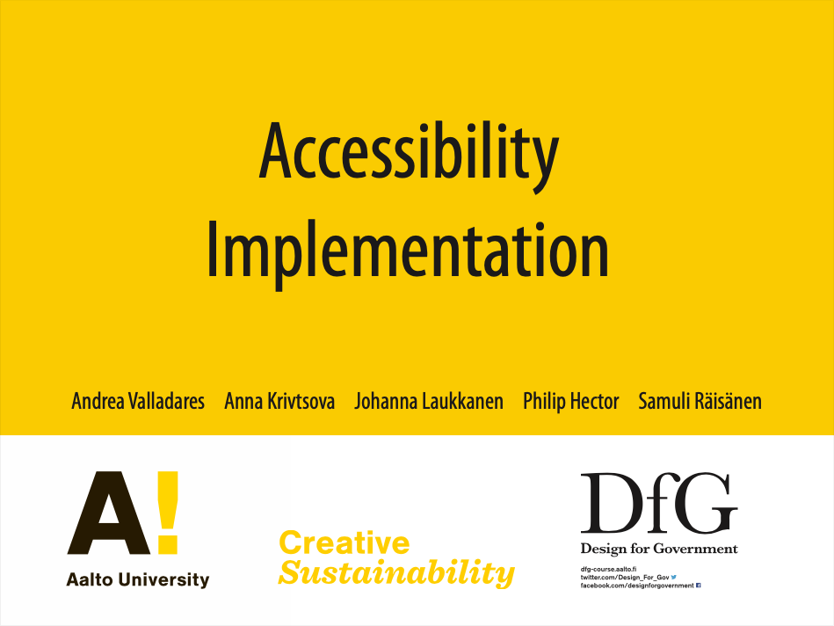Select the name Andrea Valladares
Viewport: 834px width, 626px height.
click(138, 402)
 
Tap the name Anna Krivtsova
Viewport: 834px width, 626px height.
click(279, 402)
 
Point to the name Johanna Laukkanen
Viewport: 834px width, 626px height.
click(429, 402)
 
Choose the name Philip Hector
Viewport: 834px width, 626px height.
click(570, 402)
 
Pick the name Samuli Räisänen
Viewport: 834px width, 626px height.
click(700, 402)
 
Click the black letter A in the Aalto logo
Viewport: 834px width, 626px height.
click(110, 513)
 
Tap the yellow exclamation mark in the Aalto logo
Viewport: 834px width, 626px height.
click(168, 513)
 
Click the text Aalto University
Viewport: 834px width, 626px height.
click(138, 579)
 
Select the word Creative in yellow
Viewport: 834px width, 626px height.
click(344, 543)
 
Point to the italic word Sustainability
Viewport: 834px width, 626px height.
click(397, 572)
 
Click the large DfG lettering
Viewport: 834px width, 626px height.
click(659, 503)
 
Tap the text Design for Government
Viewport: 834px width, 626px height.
click(659, 549)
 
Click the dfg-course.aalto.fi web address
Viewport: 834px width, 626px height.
click(608, 569)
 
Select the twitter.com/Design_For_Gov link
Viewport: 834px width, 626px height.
click(625, 577)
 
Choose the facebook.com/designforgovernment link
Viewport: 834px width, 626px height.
click(637, 586)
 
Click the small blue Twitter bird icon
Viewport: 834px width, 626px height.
click(674, 577)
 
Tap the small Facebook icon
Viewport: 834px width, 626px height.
click(699, 586)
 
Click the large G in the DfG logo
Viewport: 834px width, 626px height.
click(709, 503)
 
